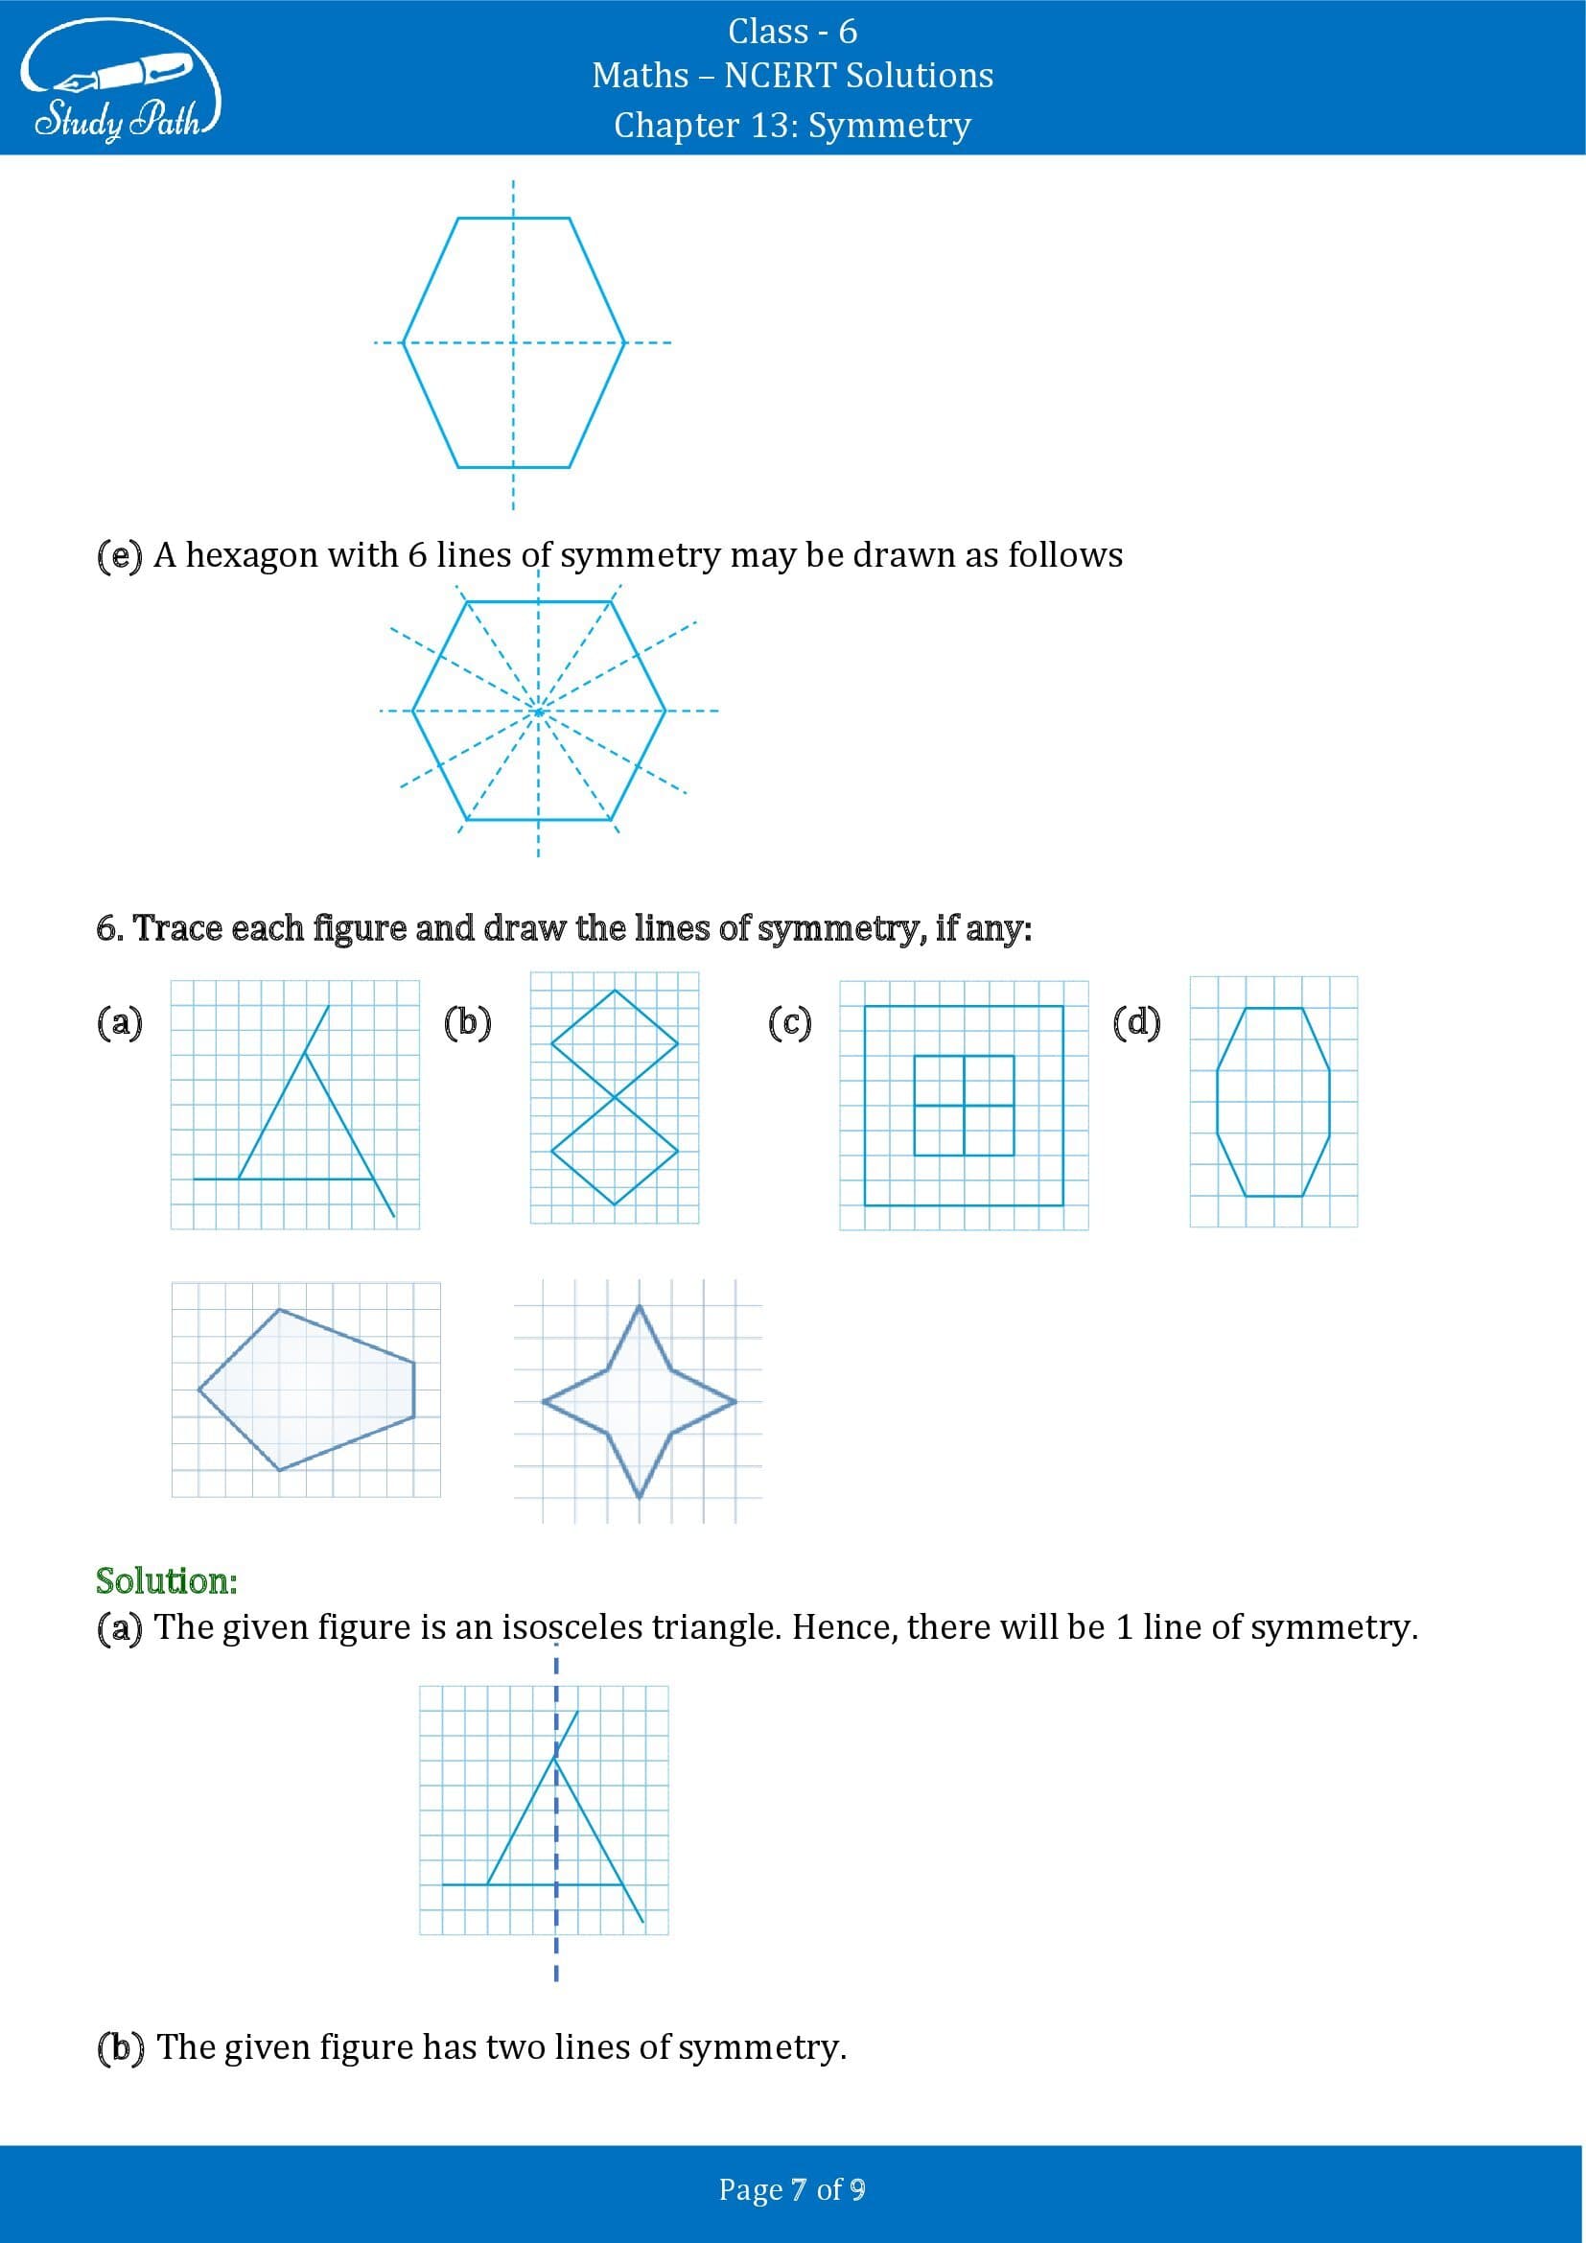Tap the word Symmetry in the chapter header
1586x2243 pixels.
click(x=890, y=125)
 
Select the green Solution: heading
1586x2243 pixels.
click(x=166, y=1579)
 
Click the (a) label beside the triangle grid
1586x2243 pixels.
click(x=119, y=1023)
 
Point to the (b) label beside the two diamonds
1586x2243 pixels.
click(x=467, y=1022)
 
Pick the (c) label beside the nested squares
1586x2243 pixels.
click(x=789, y=1023)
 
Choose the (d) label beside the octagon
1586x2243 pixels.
click(x=1135, y=1023)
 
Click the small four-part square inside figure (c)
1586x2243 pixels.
click(x=964, y=1105)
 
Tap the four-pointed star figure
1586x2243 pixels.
click(x=639, y=1402)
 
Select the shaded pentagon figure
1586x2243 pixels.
click(x=306, y=1390)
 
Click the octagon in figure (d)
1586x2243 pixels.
click(x=1272, y=1101)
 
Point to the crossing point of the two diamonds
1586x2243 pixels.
click(x=615, y=1096)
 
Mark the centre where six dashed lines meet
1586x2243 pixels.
click(x=538, y=712)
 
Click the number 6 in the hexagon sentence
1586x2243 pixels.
click(x=417, y=555)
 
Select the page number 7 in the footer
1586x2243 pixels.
click(x=799, y=2189)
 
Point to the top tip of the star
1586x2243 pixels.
click(x=640, y=1307)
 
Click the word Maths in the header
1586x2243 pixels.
click(x=640, y=75)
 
